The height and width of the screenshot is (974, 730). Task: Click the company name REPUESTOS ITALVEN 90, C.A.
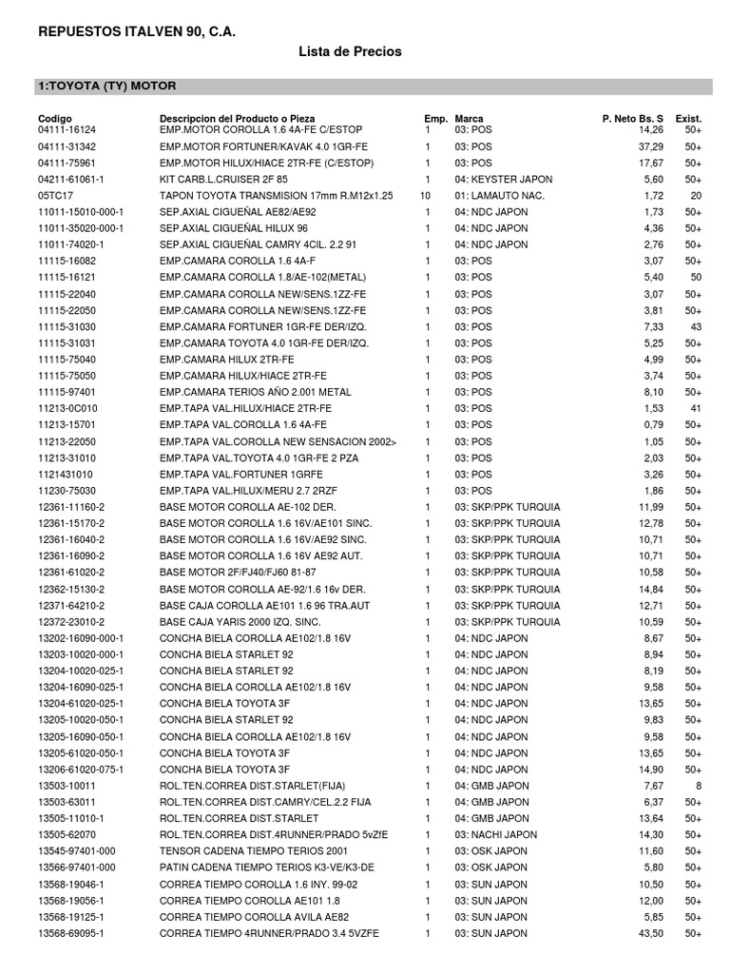point(136,33)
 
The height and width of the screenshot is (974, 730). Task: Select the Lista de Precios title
point(351,51)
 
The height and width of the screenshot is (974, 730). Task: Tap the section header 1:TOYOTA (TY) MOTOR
point(106,86)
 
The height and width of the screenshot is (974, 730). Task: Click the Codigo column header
point(56,118)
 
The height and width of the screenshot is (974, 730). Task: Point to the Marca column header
point(470,118)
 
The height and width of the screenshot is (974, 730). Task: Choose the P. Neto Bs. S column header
point(633,118)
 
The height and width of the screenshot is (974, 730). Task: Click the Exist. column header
point(688,118)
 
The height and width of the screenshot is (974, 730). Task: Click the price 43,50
point(651,935)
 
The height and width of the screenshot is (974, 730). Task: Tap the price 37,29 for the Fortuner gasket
point(651,146)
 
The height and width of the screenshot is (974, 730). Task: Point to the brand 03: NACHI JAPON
point(495,835)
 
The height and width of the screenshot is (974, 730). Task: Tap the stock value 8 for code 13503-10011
point(699,786)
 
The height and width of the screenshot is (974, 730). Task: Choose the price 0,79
point(653,425)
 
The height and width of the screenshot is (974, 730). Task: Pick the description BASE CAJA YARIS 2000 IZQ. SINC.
point(241,622)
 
